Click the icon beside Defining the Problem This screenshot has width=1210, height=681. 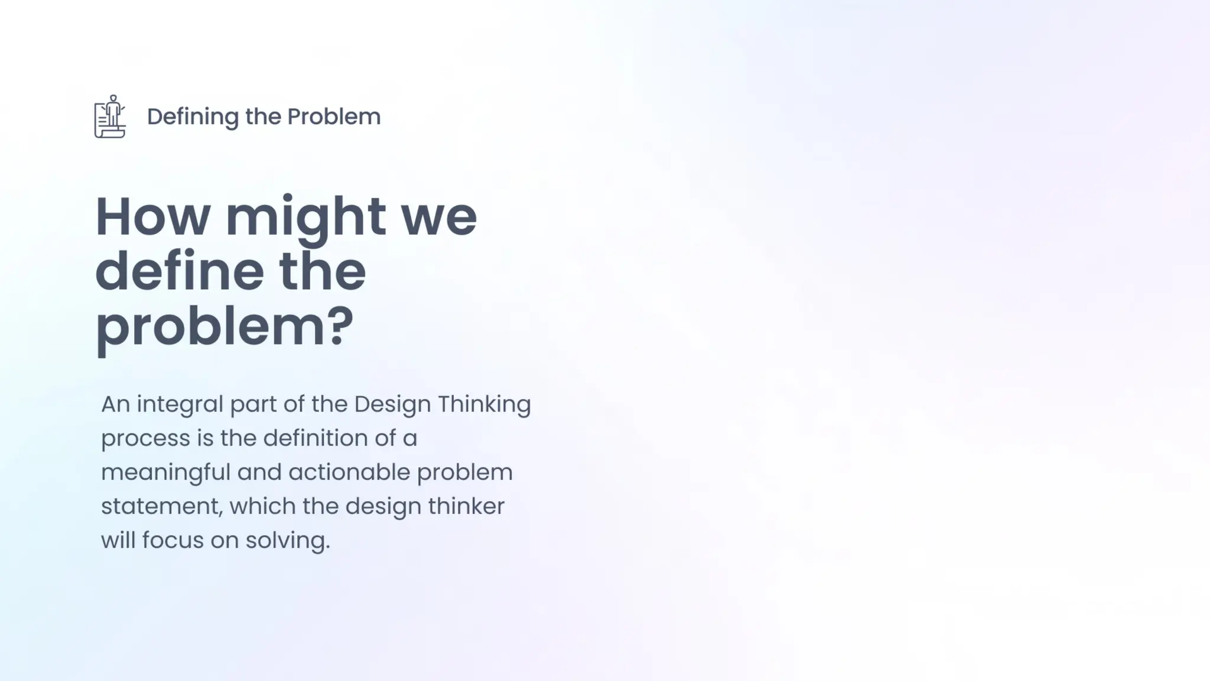click(x=110, y=116)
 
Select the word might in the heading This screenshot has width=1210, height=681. click(x=305, y=218)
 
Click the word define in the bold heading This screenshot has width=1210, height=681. click(x=179, y=271)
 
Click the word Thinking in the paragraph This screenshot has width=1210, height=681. click(x=484, y=405)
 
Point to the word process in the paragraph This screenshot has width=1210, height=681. click(x=145, y=439)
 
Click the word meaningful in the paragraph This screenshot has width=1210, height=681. click(x=165, y=473)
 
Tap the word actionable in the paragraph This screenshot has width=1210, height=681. click(x=349, y=472)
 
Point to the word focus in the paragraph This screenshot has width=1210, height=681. click(x=173, y=540)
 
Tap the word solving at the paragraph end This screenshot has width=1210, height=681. click(x=287, y=541)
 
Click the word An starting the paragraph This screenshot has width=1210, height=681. click(x=115, y=405)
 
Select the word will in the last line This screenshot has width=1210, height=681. click(x=118, y=540)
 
